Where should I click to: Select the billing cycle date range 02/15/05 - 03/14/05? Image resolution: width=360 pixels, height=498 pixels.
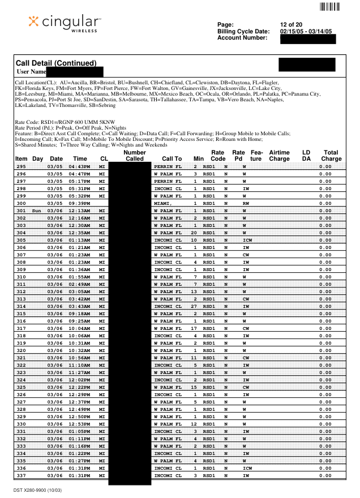pyautogui.click(x=306, y=31)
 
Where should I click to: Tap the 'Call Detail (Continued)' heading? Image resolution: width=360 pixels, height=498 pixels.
pyautogui.click(x=56, y=63)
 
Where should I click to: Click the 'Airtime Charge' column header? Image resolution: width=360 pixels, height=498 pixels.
pyautogui.click(x=279, y=156)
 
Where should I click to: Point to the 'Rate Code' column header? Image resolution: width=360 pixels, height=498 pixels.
pyautogui.click(x=217, y=156)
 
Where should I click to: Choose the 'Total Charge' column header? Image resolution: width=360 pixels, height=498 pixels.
pyautogui.click(x=331, y=156)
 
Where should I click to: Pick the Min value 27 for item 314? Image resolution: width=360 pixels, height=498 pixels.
pyautogui.click(x=194, y=306)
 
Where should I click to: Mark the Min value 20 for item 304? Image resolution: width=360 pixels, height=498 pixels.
pyautogui.click(x=194, y=233)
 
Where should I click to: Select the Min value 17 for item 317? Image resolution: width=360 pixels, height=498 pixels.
pyautogui.click(x=194, y=328)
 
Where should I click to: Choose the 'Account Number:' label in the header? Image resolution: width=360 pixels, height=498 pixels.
pyautogui.click(x=242, y=38)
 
